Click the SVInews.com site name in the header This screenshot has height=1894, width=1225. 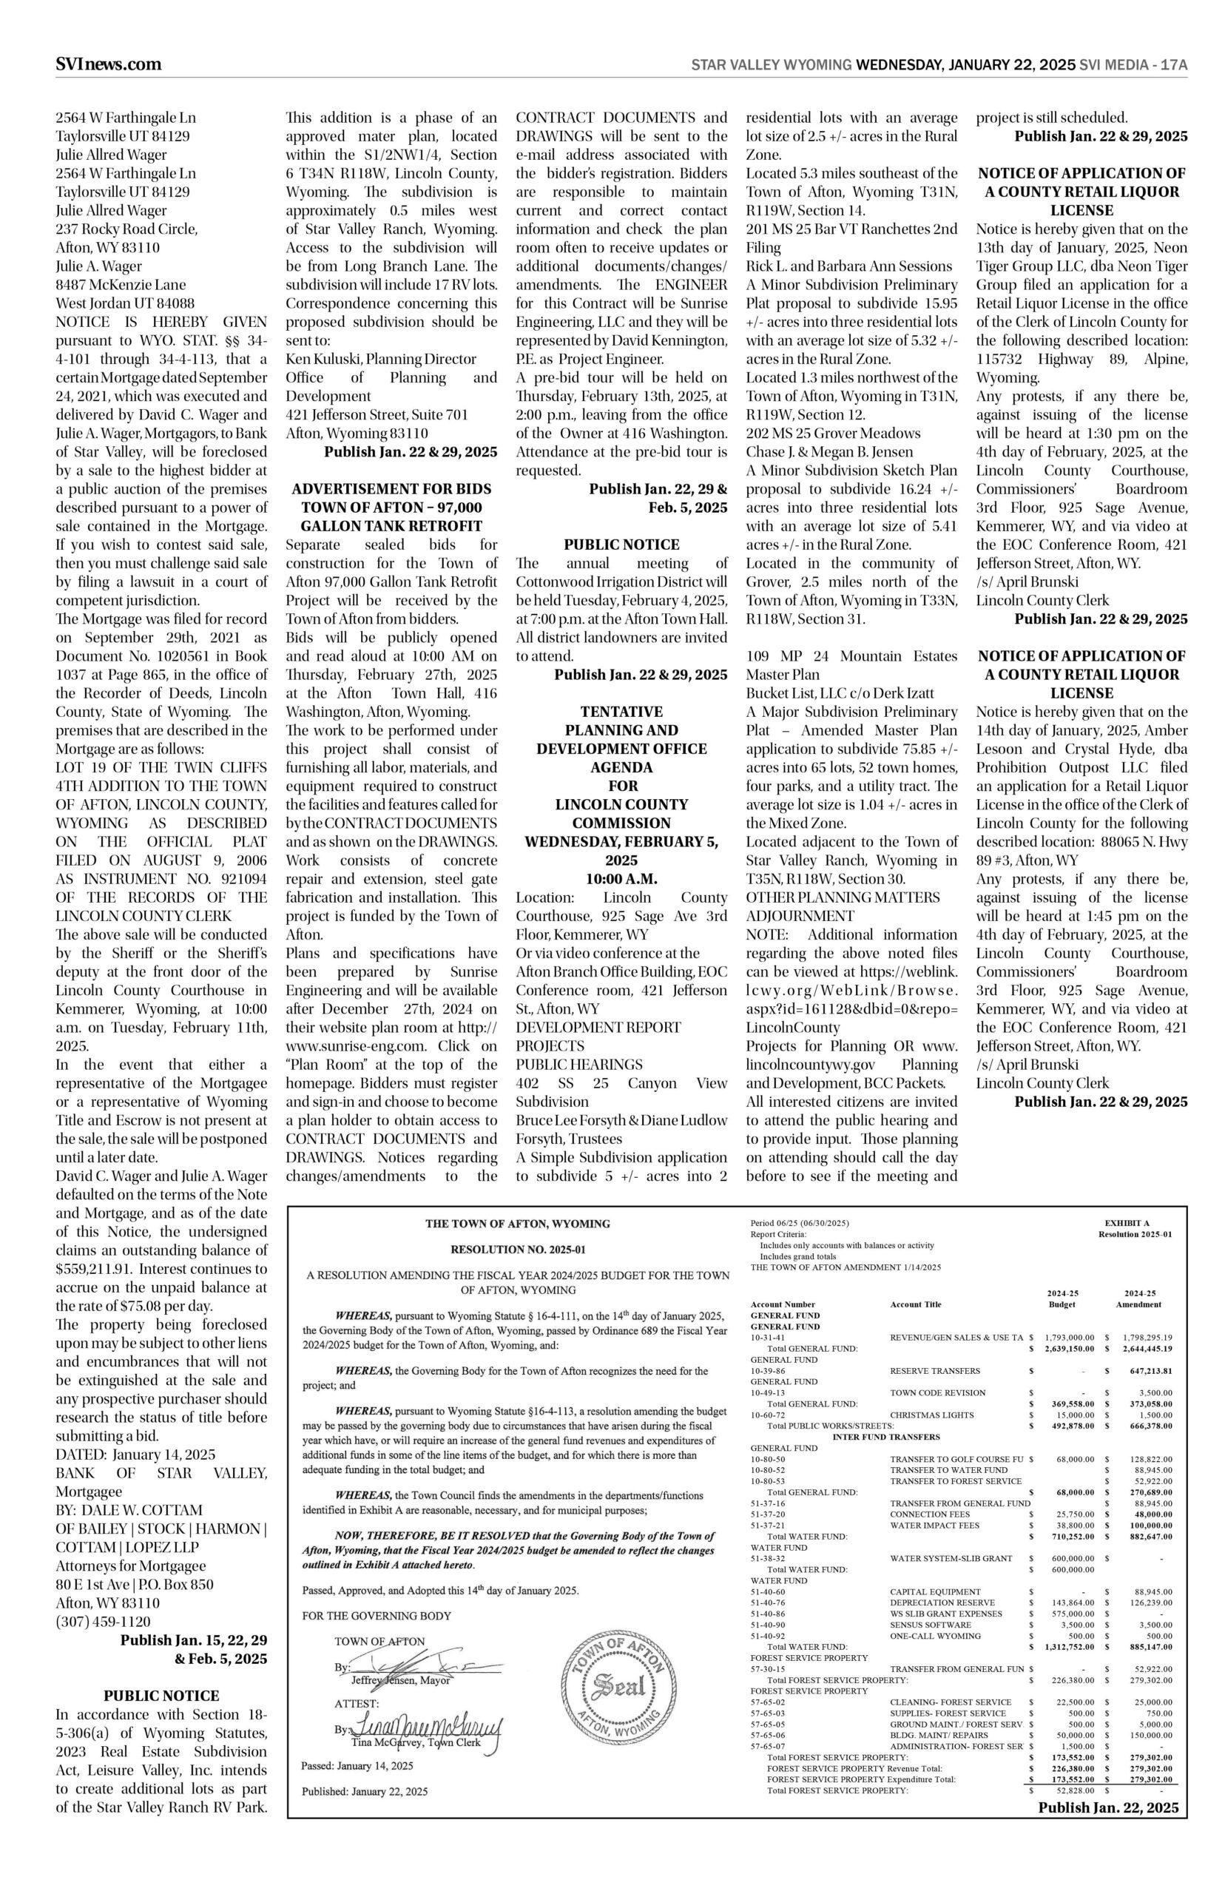click(108, 64)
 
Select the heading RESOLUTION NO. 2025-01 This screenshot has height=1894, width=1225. click(518, 1250)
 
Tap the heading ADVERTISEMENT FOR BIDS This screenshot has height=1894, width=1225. click(391, 489)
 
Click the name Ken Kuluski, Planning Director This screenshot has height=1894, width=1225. click(380, 359)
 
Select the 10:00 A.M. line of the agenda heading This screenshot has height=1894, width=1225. click(621, 879)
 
